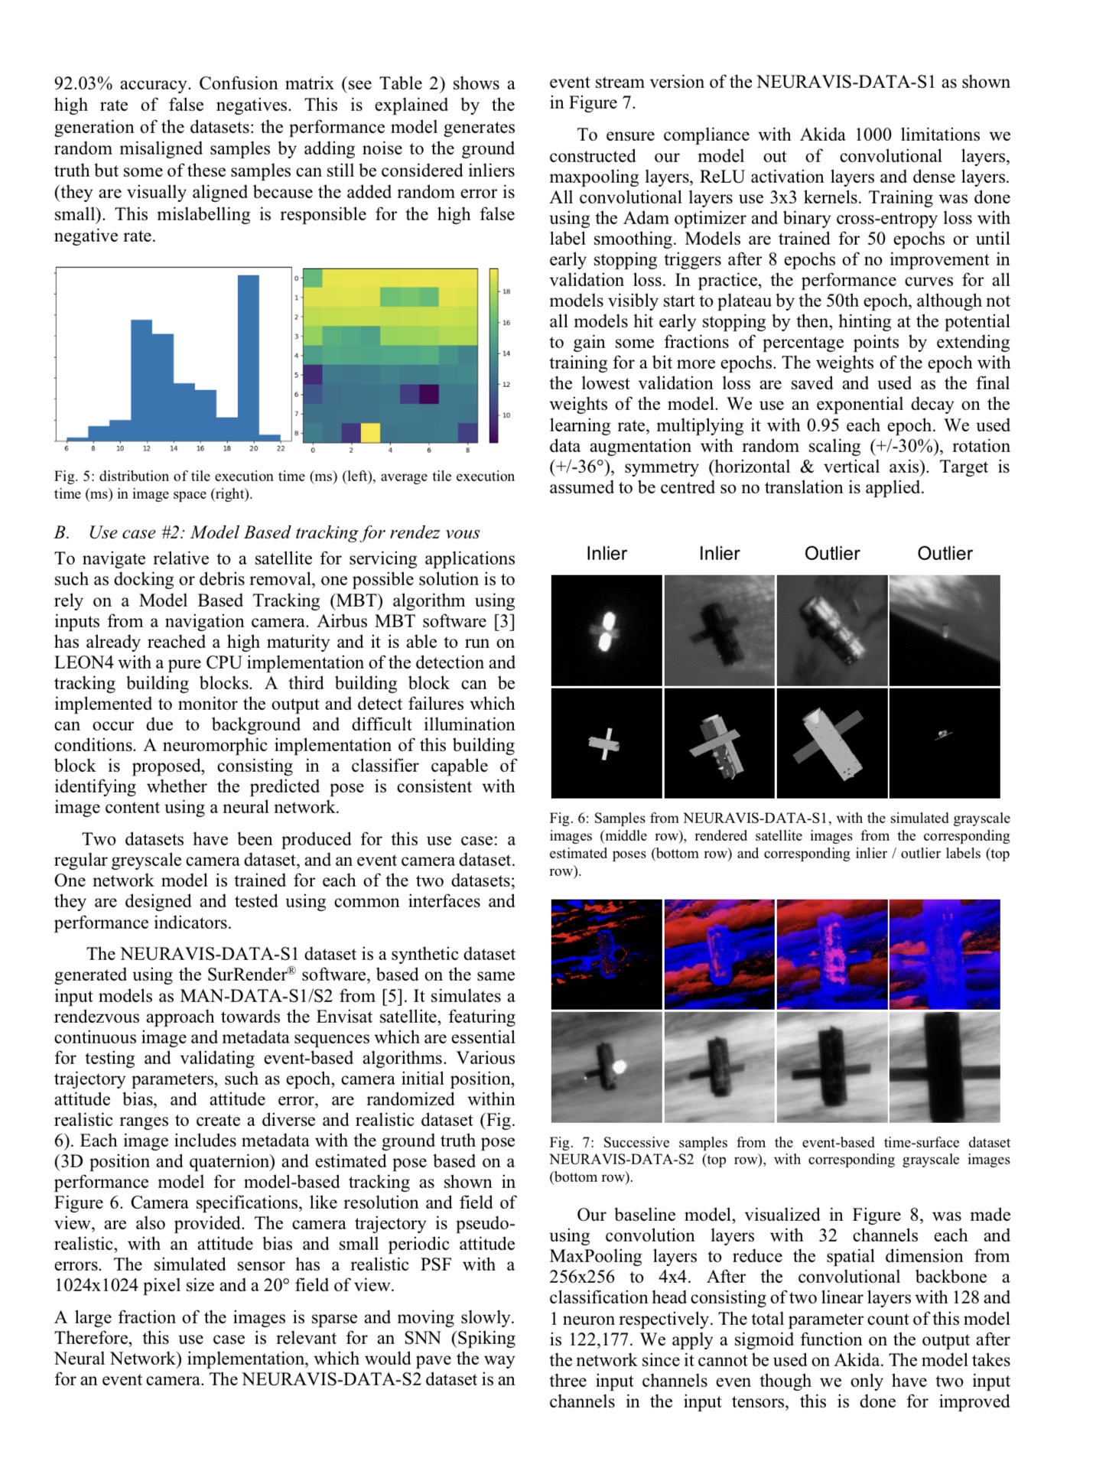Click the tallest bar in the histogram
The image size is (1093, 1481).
248,357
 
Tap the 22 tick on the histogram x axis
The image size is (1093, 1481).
281,448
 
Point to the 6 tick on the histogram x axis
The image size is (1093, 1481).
67,448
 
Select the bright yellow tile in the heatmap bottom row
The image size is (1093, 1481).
370,432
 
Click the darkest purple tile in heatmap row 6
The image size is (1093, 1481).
428,394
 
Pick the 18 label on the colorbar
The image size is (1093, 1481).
506,291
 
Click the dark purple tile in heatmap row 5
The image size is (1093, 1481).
313,375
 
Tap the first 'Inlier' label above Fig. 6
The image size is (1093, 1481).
607,553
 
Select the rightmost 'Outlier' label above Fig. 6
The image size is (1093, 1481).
945,553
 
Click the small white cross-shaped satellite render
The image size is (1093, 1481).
604,742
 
